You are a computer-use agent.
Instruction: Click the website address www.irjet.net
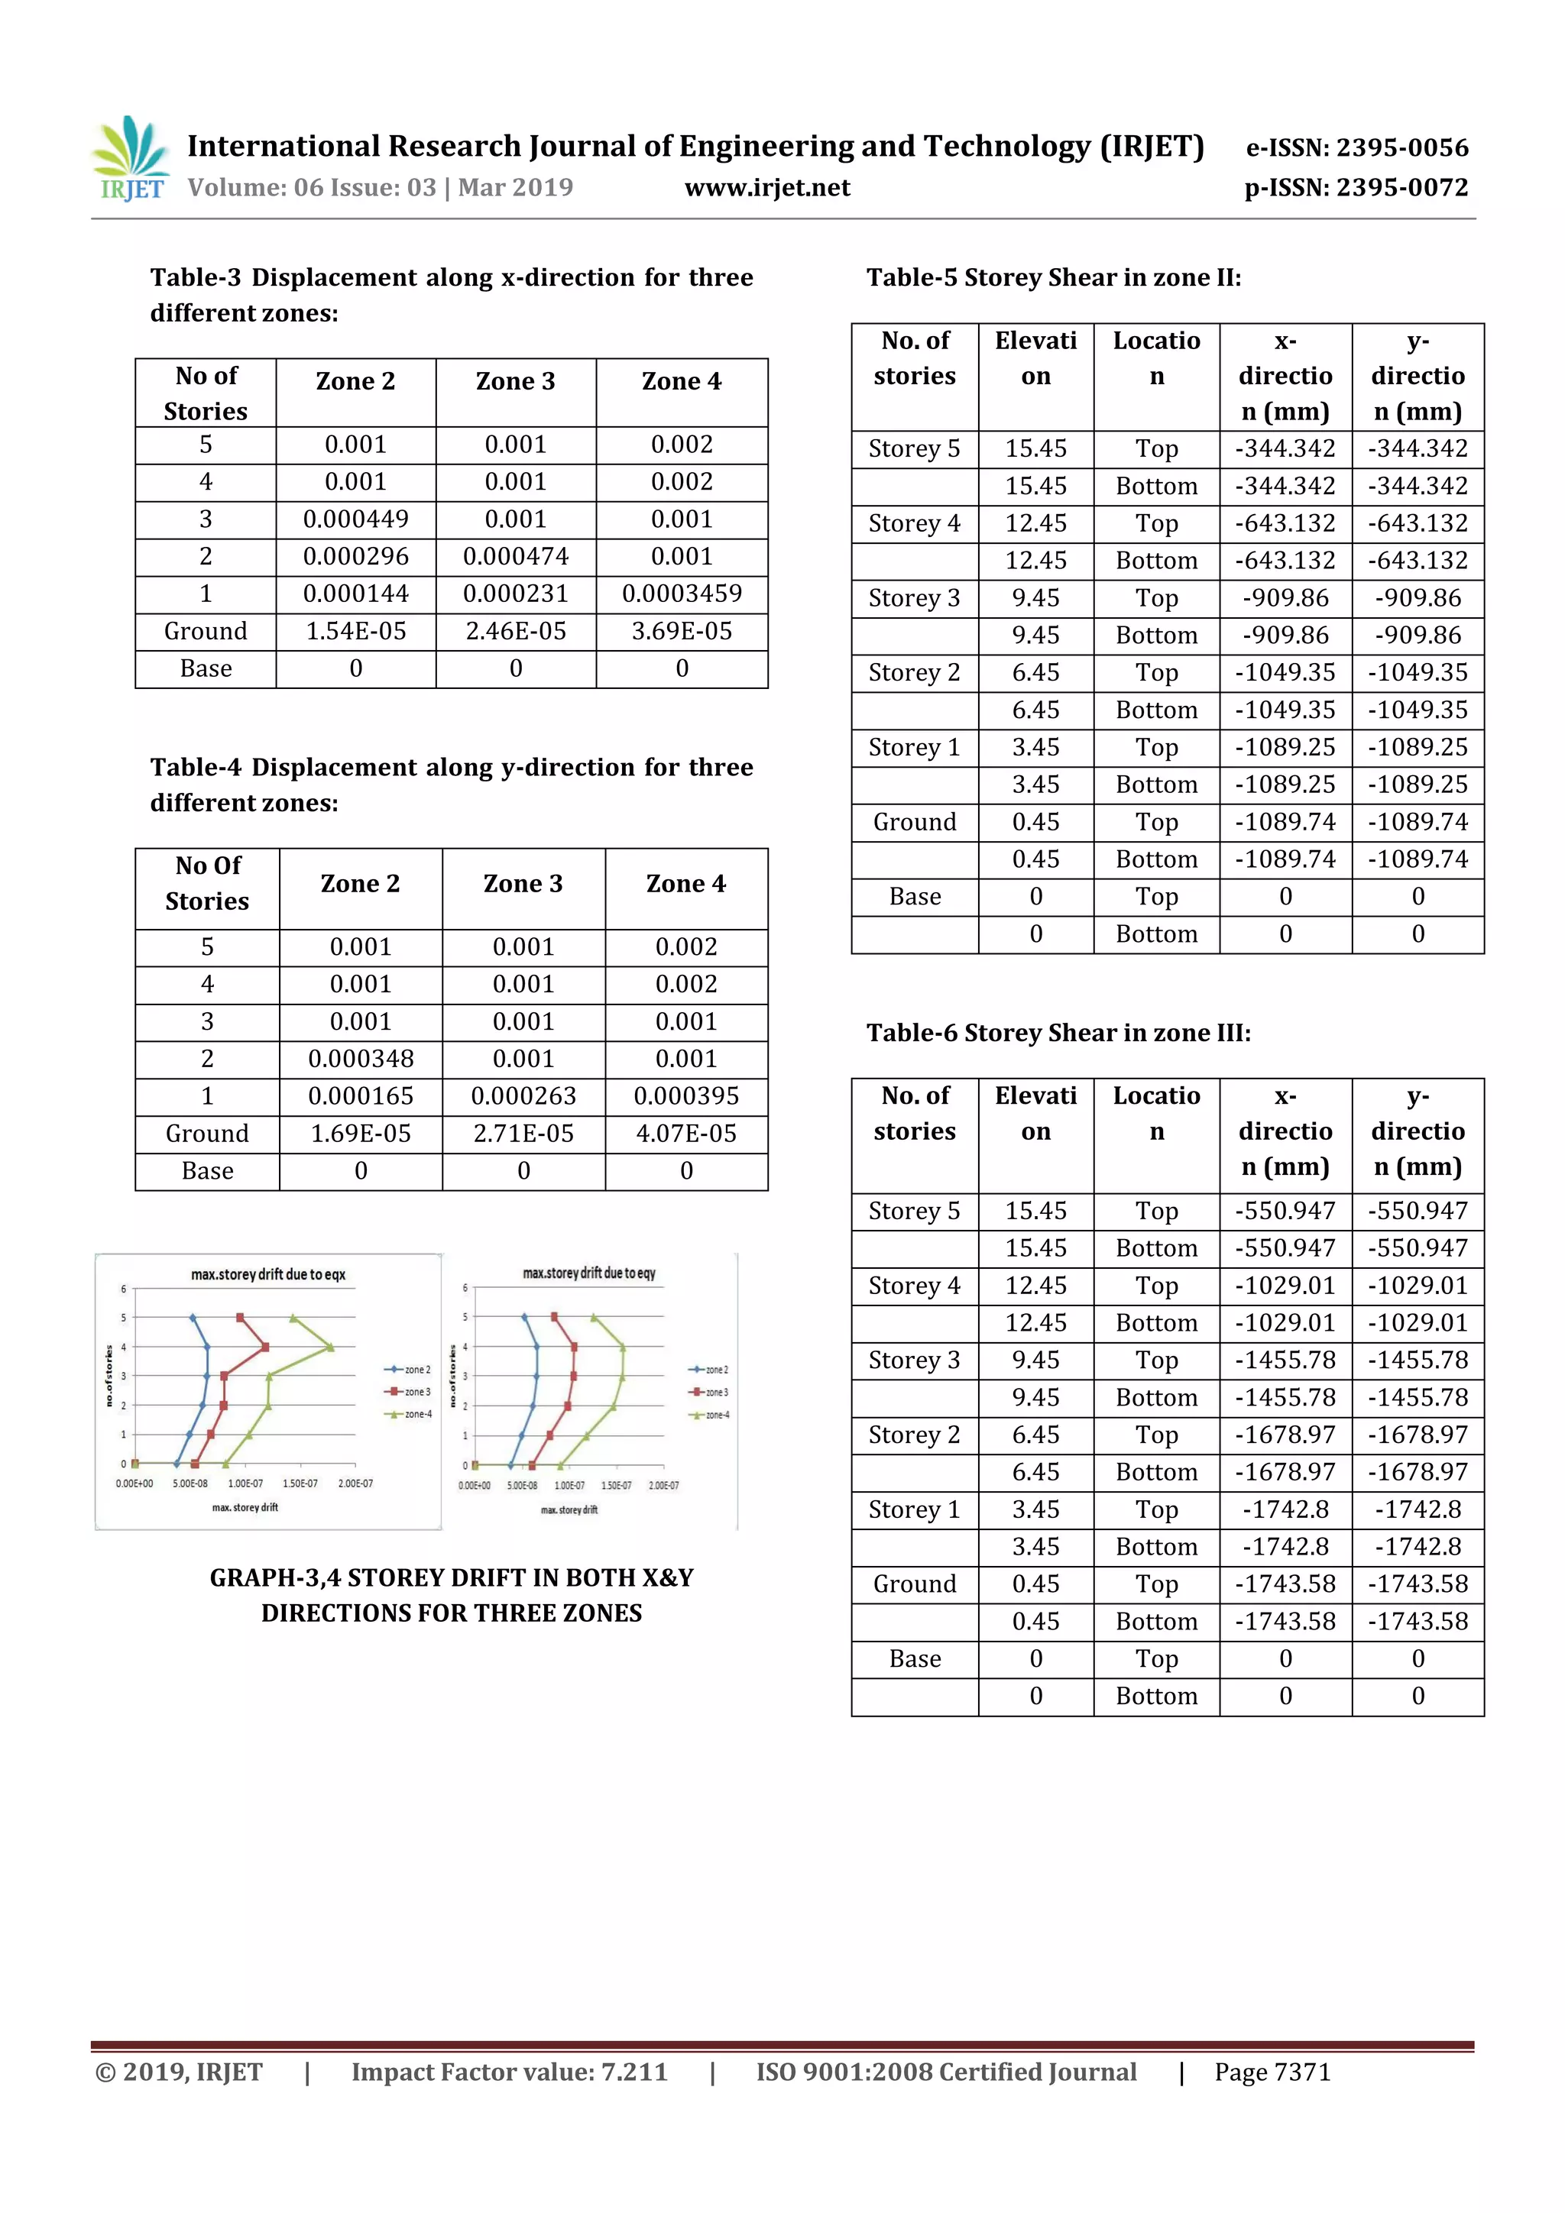(766, 188)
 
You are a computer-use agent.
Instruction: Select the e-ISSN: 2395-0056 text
(1356, 147)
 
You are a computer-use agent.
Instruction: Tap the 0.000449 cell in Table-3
(356, 519)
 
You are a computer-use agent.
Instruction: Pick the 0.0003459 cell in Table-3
(682, 594)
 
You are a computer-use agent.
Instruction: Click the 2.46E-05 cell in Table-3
(516, 631)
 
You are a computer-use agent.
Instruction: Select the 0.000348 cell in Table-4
(361, 1060)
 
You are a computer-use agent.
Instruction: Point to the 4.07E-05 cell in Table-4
(685, 1134)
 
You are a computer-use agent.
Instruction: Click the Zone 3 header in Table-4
(523, 884)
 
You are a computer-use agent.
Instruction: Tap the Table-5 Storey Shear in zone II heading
(1054, 279)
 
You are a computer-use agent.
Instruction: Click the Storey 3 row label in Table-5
(914, 599)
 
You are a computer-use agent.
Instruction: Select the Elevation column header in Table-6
(1035, 1113)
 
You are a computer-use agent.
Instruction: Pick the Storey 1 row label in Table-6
(914, 1509)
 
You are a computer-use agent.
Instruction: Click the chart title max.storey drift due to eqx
(268, 1274)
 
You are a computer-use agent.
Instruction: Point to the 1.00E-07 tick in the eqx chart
(245, 1483)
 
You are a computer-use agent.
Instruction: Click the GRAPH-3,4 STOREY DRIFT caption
(452, 1595)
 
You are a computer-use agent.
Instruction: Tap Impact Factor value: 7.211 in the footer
(509, 2072)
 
